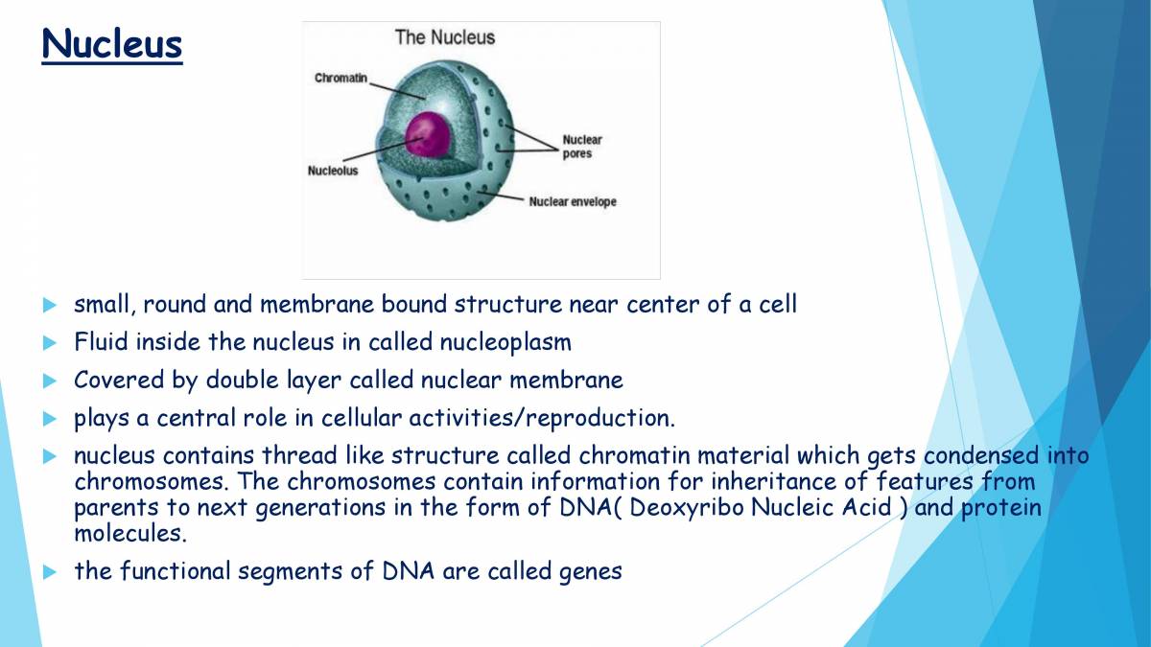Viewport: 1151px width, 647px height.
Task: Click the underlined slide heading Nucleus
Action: tap(111, 44)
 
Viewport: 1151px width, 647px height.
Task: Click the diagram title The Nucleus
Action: tap(445, 37)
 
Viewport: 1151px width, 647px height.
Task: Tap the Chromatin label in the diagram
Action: tap(341, 78)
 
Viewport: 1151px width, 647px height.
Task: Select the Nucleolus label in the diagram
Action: tap(333, 171)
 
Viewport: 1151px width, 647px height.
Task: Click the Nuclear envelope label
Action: tap(573, 202)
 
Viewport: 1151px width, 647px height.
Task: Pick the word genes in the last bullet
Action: tap(590, 571)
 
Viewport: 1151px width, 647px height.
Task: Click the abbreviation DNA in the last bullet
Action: tap(409, 571)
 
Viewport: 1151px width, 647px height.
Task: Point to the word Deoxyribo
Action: tap(689, 507)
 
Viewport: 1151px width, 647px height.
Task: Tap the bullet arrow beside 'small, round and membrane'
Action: tap(51, 306)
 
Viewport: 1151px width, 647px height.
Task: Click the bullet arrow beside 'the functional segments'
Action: tap(51, 572)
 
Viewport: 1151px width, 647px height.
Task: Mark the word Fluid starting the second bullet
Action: tap(101, 342)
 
